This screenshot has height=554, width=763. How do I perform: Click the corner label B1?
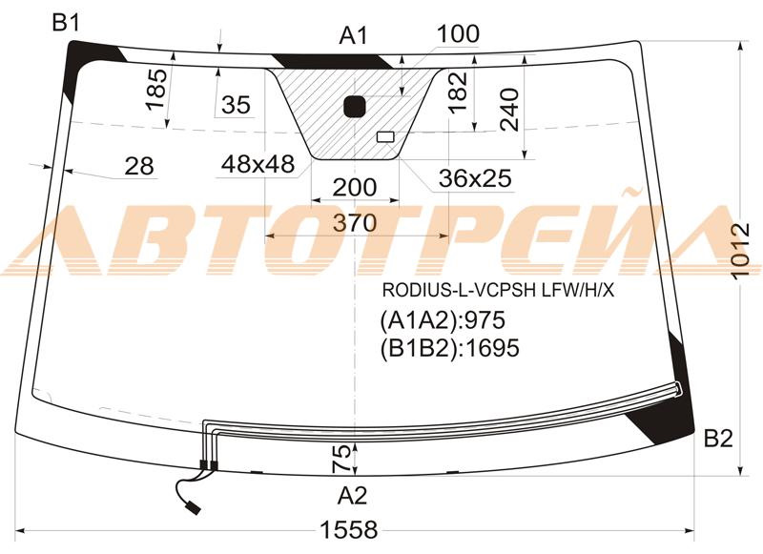pos(66,24)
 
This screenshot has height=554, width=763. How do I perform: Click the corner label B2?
pos(717,439)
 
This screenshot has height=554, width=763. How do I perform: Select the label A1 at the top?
pos(353,36)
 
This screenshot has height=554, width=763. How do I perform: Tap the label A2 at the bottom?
pos(352,495)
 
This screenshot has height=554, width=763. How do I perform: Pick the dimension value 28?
pos(139,166)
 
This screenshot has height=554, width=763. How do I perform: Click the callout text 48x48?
pos(257,165)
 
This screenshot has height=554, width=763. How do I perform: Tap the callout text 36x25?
pos(475,178)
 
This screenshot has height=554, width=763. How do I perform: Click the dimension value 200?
pos(354,187)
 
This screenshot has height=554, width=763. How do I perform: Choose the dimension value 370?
pos(355,223)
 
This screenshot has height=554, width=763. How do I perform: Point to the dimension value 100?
pos(458,34)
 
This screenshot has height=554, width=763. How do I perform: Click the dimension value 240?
pos(511,107)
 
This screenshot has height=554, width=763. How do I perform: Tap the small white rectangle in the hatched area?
pos(386,136)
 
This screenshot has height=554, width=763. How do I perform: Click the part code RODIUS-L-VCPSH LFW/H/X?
pos(499,289)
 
